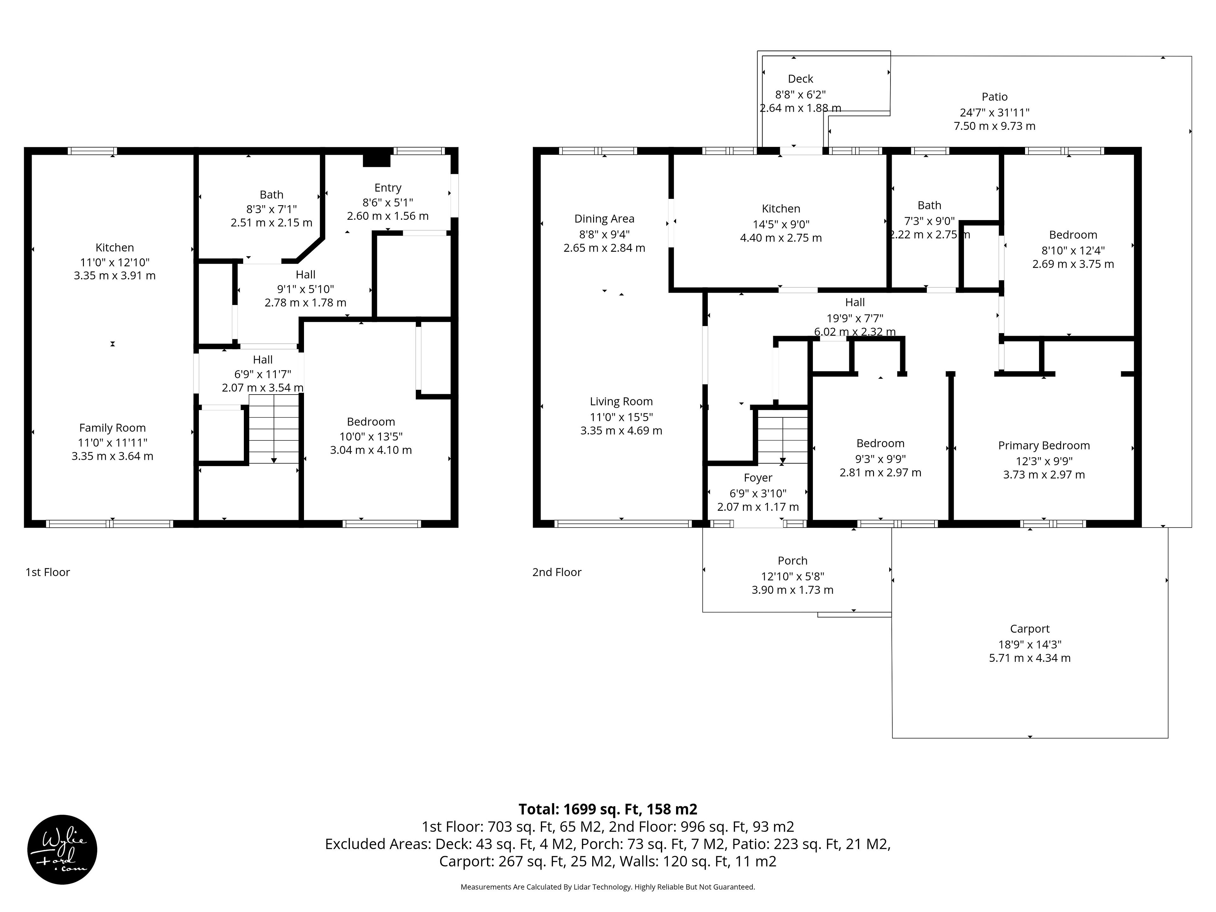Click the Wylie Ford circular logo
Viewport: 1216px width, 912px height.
coord(62,849)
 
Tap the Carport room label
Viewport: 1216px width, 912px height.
coord(1030,629)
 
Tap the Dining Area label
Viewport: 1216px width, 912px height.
coord(604,219)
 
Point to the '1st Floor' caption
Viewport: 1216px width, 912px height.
coord(48,572)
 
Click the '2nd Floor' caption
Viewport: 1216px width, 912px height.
coord(557,572)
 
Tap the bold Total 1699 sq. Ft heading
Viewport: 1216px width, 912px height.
coord(608,809)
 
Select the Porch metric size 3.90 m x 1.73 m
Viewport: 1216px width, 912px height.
coord(793,590)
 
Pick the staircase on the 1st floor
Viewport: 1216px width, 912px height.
coord(274,429)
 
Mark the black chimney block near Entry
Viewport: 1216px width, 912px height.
coord(377,160)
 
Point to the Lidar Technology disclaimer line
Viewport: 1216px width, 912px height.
coord(608,887)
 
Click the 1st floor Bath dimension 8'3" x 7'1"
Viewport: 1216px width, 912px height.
coord(272,209)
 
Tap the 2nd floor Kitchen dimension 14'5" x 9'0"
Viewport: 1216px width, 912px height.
coord(781,224)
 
